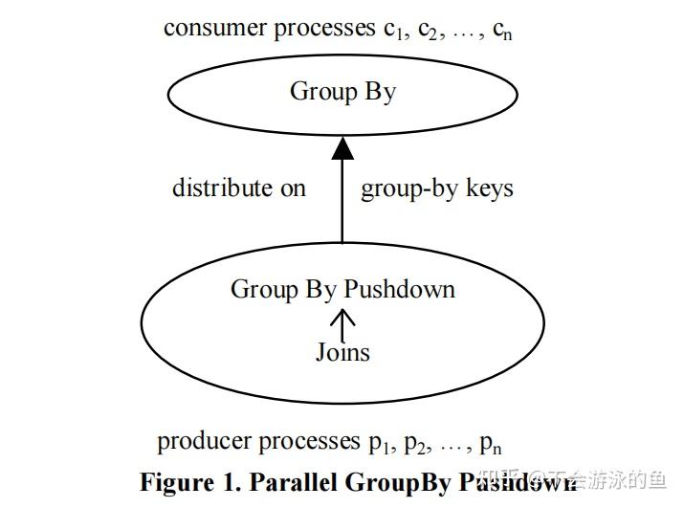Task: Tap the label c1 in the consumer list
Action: tap(390, 30)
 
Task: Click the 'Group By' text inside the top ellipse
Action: tap(342, 92)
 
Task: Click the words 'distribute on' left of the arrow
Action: tap(238, 188)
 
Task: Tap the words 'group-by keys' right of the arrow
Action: tap(436, 188)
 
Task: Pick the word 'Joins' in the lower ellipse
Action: tap(342, 352)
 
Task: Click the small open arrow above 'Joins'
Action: tap(342, 322)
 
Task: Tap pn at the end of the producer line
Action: tap(490, 444)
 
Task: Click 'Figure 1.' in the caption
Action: tap(190, 481)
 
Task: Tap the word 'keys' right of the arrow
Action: tap(489, 188)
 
